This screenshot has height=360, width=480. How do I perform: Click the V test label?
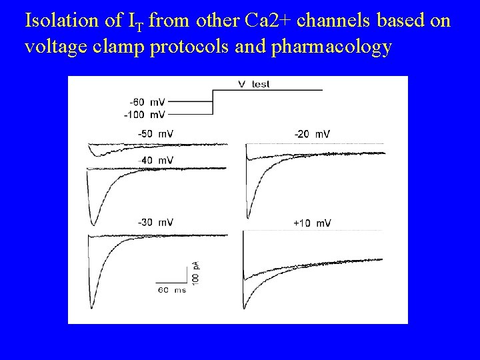pos(254,84)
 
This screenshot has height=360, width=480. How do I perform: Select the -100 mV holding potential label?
pos(145,115)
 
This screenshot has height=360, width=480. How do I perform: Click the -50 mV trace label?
pos(155,134)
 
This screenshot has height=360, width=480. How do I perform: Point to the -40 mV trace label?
pos(155,160)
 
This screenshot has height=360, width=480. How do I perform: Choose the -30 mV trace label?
pos(155,222)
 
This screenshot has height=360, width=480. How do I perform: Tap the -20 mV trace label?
pos(312,134)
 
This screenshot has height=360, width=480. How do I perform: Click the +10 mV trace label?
pos(312,222)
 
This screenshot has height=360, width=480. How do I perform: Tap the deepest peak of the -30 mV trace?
pos(92,307)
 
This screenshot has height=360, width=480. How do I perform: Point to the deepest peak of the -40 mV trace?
pos(92,224)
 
